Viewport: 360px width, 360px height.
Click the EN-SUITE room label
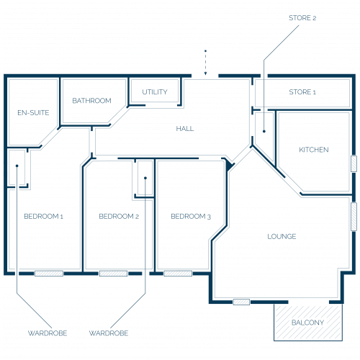coord(33,112)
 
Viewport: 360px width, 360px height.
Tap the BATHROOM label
coord(91,101)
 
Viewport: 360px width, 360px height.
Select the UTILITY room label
coord(155,92)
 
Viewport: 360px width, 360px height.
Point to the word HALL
coord(185,129)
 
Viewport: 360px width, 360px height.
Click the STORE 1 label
coord(302,92)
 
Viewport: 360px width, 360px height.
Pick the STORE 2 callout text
coord(302,18)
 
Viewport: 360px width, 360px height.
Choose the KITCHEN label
coord(314,150)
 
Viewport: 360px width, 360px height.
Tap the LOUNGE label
coord(282,236)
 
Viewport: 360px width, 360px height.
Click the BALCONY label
coord(307,323)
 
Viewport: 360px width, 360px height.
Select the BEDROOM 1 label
coord(43,216)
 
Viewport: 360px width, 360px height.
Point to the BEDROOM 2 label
coord(119,216)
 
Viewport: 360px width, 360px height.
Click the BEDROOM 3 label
coord(191,216)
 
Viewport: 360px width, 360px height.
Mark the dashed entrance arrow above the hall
coord(205,63)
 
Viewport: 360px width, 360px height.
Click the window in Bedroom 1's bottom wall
coord(49,274)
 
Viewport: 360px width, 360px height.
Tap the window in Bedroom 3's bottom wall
coord(178,274)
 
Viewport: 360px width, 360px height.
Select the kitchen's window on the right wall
coord(354,163)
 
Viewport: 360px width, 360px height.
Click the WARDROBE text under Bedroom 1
coord(48,333)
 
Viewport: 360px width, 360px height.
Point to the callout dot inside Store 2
coord(264,131)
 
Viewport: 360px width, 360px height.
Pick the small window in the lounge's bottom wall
coord(241,302)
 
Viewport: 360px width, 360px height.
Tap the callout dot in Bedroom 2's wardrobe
coord(145,178)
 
